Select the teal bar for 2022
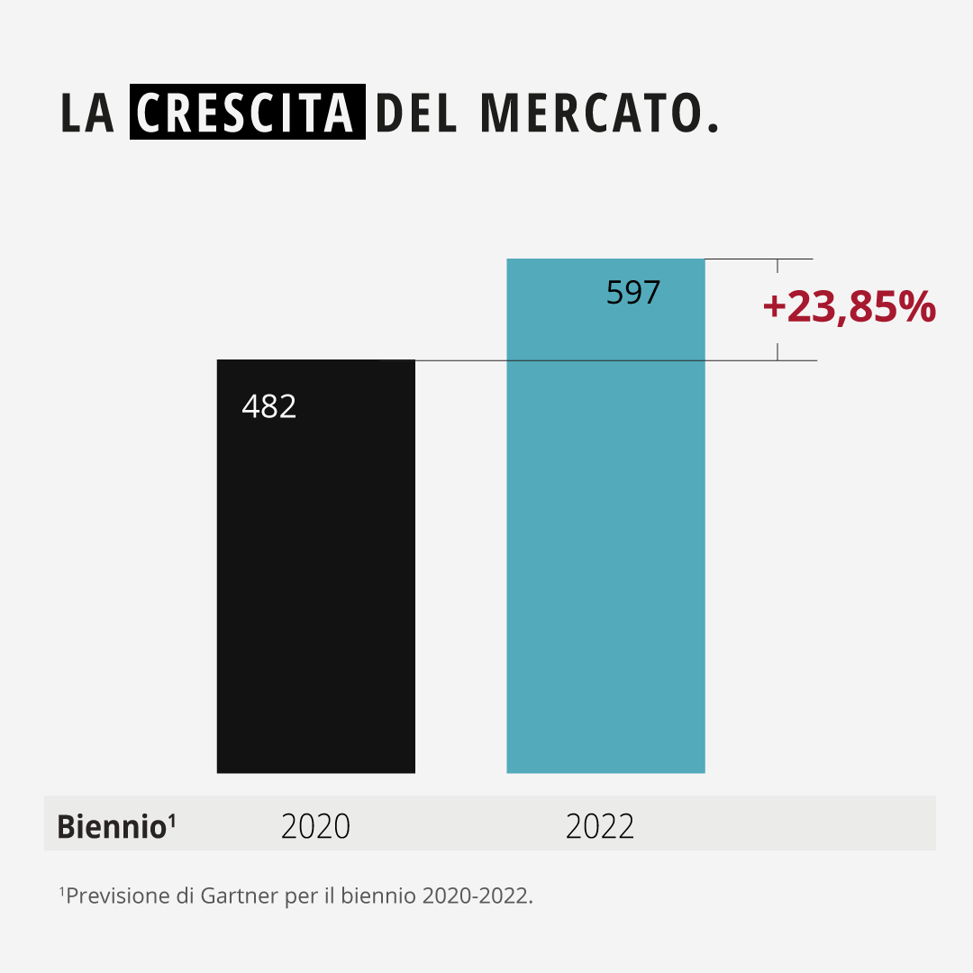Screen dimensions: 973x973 [605, 541]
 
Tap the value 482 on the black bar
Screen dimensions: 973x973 [269, 407]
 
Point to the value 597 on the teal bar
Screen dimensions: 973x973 [633, 294]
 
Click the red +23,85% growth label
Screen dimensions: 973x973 [849, 308]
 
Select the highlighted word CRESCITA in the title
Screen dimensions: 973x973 [248, 113]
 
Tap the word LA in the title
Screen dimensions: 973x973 [87, 113]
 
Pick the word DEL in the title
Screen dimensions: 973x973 [416, 113]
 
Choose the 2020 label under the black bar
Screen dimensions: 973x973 [315, 826]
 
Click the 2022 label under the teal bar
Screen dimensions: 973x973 [600, 826]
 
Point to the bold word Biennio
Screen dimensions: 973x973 [111, 826]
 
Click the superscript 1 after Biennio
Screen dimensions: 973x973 [171, 819]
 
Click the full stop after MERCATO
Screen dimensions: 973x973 [714, 129]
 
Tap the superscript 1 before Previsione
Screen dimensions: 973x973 [62, 892]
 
